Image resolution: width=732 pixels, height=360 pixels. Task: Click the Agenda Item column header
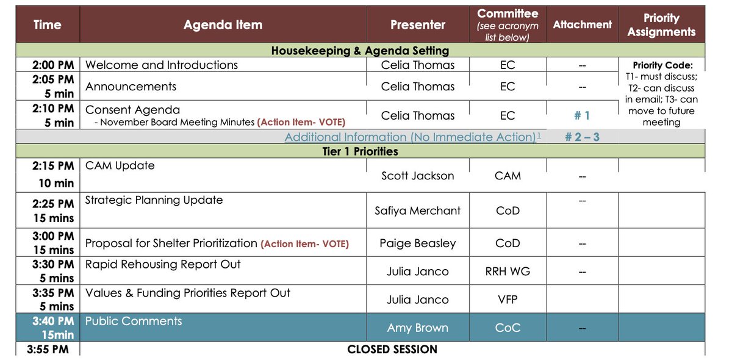(223, 25)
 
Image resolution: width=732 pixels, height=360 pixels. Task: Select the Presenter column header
(418, 25)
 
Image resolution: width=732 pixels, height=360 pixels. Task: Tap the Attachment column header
(582, 24)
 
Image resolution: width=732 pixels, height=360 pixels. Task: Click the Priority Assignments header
(661, 25)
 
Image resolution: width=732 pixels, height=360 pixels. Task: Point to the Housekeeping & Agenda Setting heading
(360, 51)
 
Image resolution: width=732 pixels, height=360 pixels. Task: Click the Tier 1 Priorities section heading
(360, 151)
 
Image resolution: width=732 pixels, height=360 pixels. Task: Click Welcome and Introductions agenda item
(162, 65)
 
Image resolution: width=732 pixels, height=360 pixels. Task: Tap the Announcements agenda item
(131, 87)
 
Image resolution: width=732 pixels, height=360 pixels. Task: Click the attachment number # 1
(582, 115)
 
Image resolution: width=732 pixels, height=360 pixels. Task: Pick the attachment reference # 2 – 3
(582, 137)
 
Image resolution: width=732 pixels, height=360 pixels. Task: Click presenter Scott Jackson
(418, 176)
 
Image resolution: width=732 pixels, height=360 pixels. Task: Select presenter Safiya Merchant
(418, 211)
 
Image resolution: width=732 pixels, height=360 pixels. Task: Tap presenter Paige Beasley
(418, 243)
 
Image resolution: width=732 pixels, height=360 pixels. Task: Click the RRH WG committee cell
(508, 271)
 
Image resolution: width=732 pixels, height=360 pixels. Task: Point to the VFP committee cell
(508, 300)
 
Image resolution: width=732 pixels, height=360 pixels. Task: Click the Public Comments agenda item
(134, 321)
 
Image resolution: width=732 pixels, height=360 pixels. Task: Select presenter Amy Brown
(418, 328)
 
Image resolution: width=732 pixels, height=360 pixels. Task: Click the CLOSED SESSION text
(392, 350)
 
